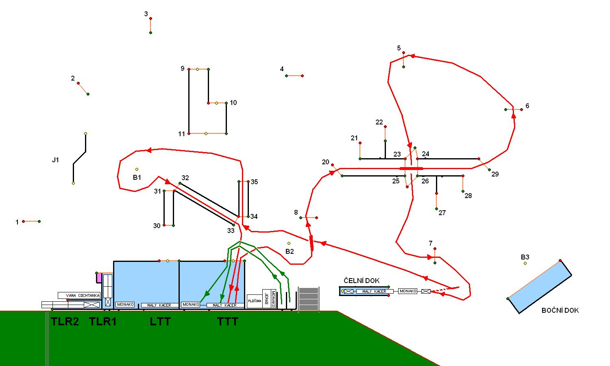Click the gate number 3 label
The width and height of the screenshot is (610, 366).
pyautogui.click(x=146, y=14)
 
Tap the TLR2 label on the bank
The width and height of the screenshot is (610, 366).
pyautogui.click(x=65, y=322)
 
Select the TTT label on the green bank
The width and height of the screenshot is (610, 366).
pyautogui.click(x=228, y=322)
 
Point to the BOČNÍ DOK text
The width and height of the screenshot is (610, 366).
pyautogui.click(x=560, y=310)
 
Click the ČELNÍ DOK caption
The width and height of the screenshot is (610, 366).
pyautogui.click(x=362, y=281)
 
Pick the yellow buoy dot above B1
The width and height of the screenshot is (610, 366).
pyautogui.click(x=137, y=169)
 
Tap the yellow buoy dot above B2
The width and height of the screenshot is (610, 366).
pyautogui.click(x=289, y=244)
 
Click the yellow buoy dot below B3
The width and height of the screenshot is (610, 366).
pyautogui.click(x=525, y=264)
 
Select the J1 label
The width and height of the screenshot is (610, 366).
pyautogui.click(x=55, y=160)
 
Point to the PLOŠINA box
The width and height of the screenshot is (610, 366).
pyautogui.click(x=255, y=301)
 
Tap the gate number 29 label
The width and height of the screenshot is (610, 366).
pyautogui.click(x=495, y=174)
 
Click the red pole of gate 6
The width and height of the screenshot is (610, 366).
pyautogui.click(x=521, y=109)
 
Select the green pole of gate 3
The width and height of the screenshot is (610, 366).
pyautogui.click(x=150, y=33)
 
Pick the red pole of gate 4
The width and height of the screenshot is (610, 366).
pyautogui.click(x=302, y=76)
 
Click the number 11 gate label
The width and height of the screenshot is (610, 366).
pyautogui.click(x=181, y=134)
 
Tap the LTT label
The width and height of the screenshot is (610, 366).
pyautogui.click(x=160, y=322)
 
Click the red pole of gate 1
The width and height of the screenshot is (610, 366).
pyautogui.click(x=24, y=221)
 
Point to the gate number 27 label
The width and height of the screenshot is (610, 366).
pyautogui.click(x=442, y=213)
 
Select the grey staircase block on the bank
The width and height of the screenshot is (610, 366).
pyautogui.click(x=309, y=299)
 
